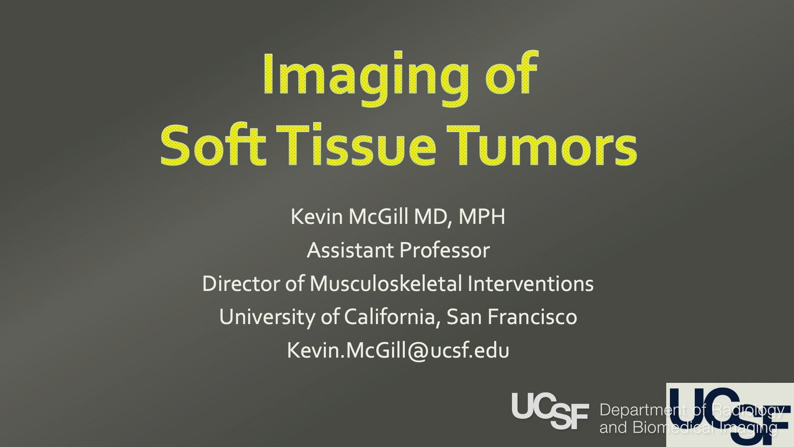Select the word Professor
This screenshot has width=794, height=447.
click(445, 250)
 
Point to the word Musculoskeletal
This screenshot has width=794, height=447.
click(386, 284)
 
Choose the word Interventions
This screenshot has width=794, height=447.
click(531, 284)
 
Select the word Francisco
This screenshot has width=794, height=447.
click(532, 317)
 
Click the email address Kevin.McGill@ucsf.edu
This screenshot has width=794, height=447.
click(398, 350)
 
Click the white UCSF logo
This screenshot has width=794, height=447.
click(550, 411)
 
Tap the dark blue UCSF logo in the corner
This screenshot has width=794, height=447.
click(730, 415)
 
